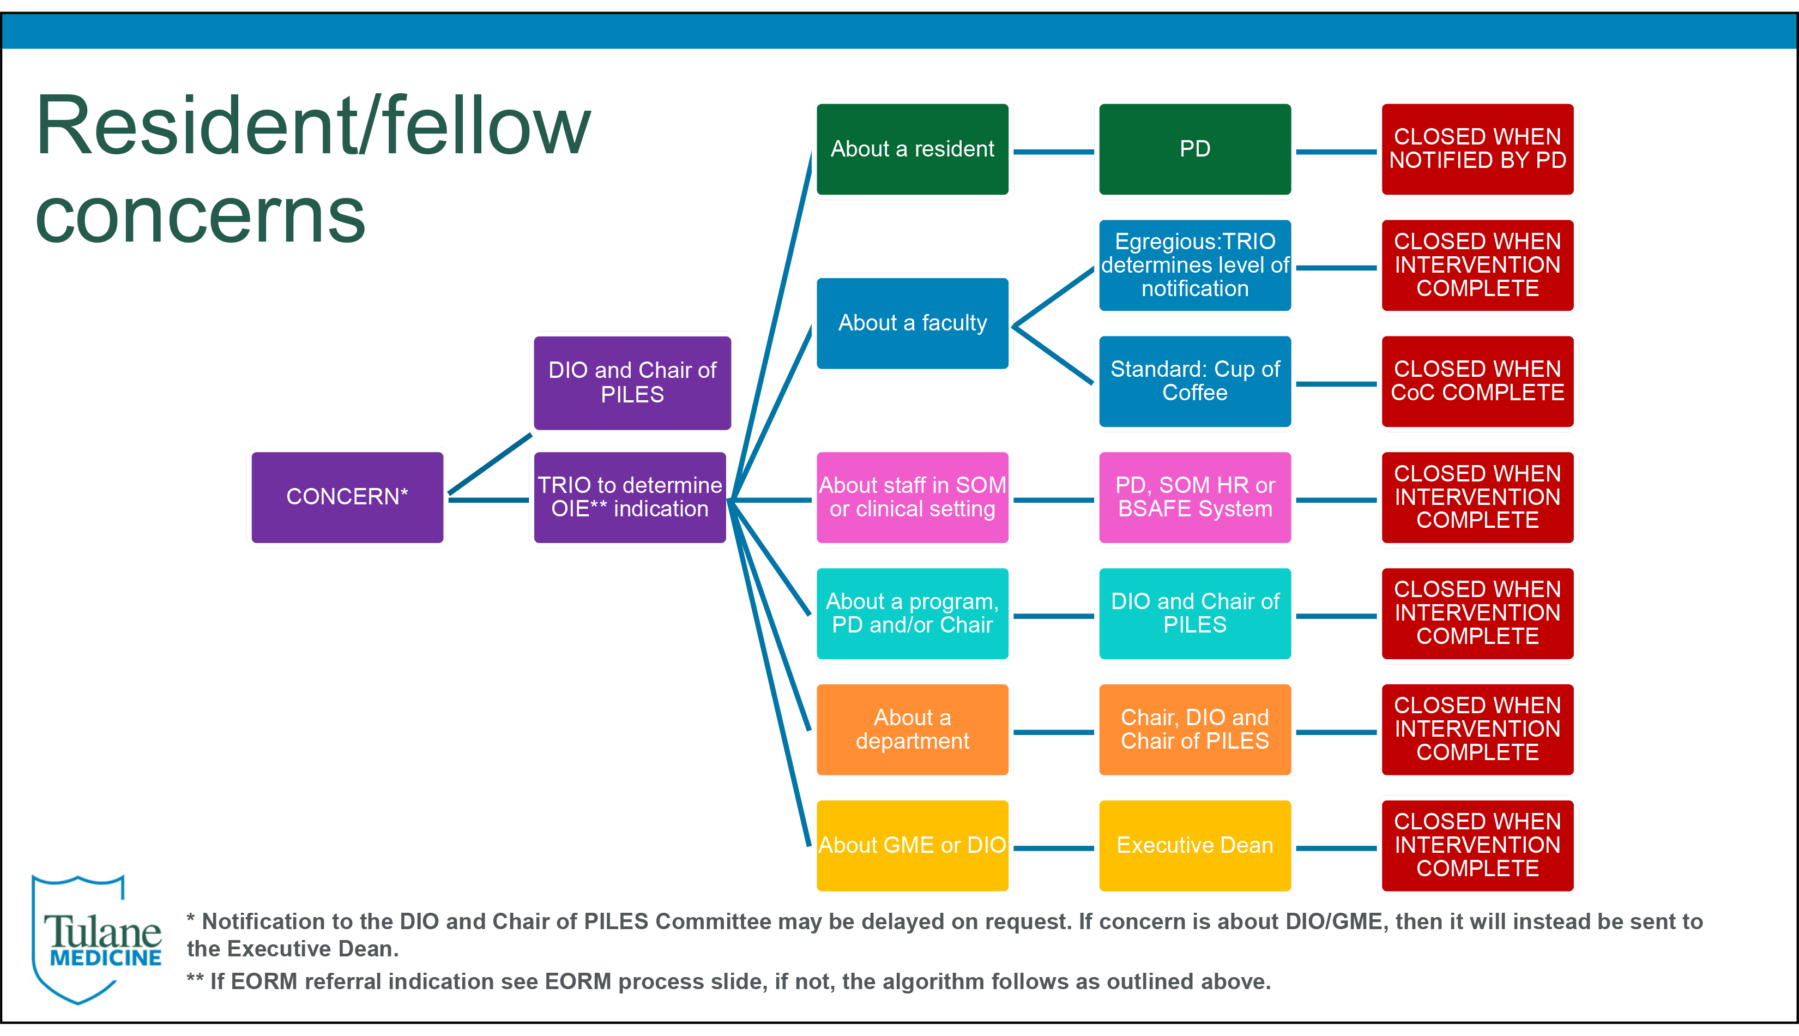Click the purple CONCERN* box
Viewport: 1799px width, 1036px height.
pos(347,497)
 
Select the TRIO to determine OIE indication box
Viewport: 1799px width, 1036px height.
pos(630,497)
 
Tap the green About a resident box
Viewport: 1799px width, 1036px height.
pos(912,149)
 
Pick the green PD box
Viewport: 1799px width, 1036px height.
pos(1194,149)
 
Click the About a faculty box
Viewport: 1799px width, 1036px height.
pos(912,323)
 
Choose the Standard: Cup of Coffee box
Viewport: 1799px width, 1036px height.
pos(1194,381)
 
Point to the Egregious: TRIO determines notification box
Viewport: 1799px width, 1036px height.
pos(1194,266)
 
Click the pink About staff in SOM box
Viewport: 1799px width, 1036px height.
pos(912,497)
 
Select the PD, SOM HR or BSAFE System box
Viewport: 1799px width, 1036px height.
pos(1194,497)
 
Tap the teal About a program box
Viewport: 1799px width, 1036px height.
pos(912,613)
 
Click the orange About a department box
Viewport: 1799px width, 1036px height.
pos(912,730)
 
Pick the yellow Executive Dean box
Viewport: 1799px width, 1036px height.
pos(1194,845)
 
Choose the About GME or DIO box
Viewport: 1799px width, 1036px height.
pos(912,845)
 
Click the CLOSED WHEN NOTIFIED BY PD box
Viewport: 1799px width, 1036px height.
pos(1477,149)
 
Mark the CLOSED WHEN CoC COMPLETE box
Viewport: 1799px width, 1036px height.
pos(1477,381)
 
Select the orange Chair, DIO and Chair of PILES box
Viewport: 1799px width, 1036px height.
pos(1194,730)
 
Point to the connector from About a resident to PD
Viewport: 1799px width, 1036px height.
pos(1054,152)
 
